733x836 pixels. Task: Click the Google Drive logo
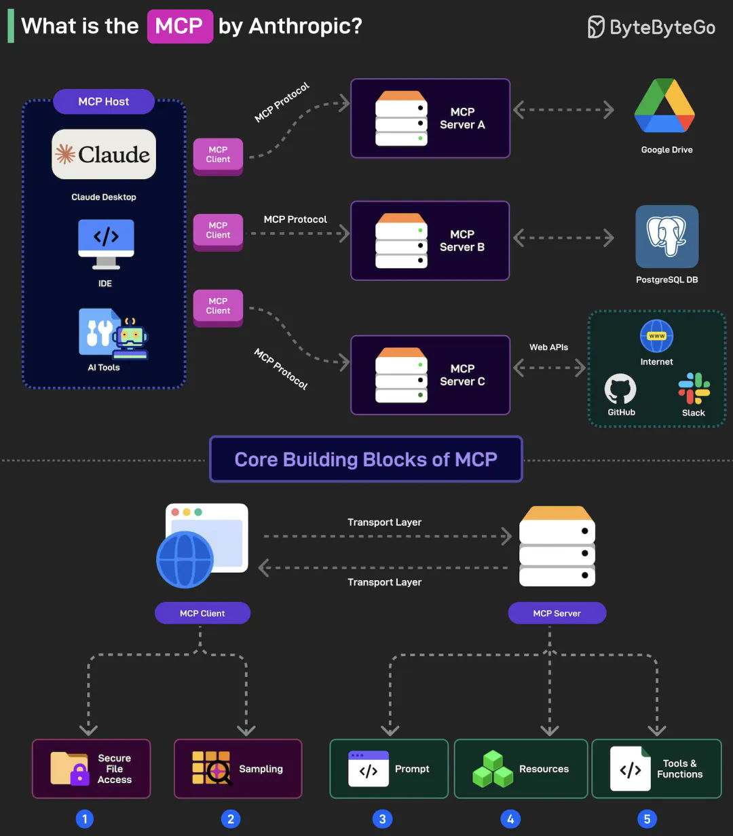[x=664, y=106]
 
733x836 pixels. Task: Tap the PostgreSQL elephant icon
[x=666, y=236]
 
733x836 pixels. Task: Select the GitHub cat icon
[x=620, y=390]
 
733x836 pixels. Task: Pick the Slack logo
[x=694, y=389]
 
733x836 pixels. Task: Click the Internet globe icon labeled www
[x=656, y=337]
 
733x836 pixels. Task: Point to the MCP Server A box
[x=430, y=118]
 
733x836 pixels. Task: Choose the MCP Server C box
[x=430, y=375]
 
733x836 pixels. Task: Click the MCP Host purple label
[x=104, y=102]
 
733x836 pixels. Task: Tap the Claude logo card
[x=104, y=154]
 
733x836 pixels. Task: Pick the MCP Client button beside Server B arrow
[x=218, y=231]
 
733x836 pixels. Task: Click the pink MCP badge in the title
[x=180, y=26]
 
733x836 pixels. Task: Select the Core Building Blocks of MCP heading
[x=366, y=459]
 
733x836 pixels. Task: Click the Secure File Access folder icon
[x=70, y=768]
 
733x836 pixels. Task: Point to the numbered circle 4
[x=510, y=819]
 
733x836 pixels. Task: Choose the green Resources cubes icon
[x=493, y=769]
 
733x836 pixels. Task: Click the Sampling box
[x=238, y=769]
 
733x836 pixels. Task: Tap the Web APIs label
[x=548, y=347]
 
